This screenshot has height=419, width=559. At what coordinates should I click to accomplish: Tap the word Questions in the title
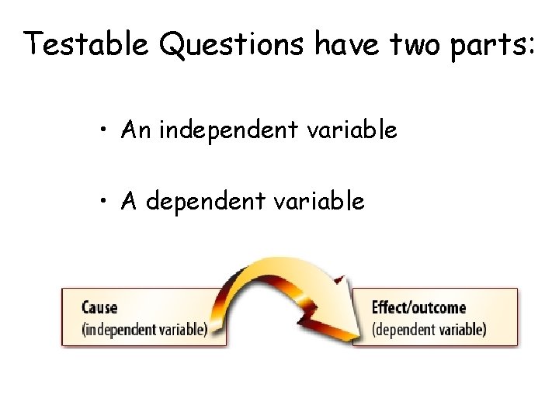233,44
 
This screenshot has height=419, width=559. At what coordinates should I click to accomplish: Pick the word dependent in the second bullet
207,203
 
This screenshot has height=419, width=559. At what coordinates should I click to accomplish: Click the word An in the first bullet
136,130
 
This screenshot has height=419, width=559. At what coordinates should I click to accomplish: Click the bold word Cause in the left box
99,307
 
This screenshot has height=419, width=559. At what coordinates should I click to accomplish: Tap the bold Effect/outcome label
418,307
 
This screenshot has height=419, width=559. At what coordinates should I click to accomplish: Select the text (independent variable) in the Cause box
144,328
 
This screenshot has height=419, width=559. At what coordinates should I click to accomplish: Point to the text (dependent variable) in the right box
429,328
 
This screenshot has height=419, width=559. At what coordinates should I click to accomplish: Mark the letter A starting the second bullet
129,202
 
